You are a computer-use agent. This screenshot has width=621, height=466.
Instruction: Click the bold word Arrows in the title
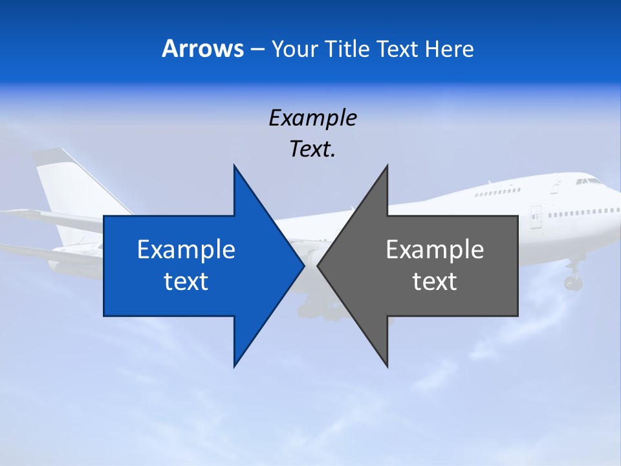202,49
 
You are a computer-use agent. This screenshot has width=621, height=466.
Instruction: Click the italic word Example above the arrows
312,118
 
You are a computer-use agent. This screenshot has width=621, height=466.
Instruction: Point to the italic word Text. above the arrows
312,150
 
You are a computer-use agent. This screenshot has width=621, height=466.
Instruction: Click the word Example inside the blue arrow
186,249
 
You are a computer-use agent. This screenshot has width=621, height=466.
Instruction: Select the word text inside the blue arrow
186,281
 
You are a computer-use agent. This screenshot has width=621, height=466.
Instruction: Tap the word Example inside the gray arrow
435,249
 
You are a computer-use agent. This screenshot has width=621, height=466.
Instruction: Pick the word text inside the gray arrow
435,281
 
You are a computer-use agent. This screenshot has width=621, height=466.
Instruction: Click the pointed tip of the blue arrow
303,265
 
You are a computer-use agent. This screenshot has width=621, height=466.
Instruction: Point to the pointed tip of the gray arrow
318,265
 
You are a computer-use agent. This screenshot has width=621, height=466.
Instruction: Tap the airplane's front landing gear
572,279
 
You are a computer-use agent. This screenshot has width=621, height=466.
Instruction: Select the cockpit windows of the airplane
588,181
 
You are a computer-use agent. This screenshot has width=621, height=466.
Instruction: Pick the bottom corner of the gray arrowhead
387,365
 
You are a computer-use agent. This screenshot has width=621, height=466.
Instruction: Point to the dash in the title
256,49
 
